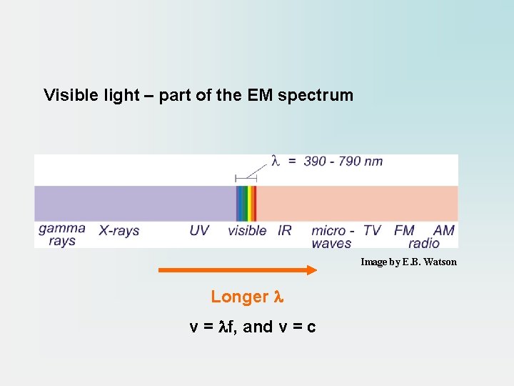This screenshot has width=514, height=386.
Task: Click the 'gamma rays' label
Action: pos(61,235)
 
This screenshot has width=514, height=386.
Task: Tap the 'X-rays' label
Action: pos(119,231)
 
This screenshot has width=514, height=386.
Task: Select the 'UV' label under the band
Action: pos(199,231)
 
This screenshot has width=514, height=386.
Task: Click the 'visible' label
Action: pos(247,231)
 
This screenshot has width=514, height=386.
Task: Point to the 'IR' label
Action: pos(284,231)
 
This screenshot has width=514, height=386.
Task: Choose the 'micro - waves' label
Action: pos(332,237)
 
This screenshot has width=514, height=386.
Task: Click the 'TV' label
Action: pos(372,231)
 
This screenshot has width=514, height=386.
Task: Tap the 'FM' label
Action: pos(404,231)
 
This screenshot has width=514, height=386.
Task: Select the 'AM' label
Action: pos(443,231)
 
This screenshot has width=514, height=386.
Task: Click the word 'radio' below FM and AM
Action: pos(424,243)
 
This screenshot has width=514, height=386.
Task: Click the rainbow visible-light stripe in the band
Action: pos(246,204)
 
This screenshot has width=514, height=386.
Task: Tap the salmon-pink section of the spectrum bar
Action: pos(357,204)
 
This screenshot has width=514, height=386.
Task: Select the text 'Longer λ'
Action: pos(247,297)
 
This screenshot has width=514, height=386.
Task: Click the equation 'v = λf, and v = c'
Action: pos(253,327)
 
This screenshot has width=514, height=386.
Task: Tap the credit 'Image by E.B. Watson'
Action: pos(408,262)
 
